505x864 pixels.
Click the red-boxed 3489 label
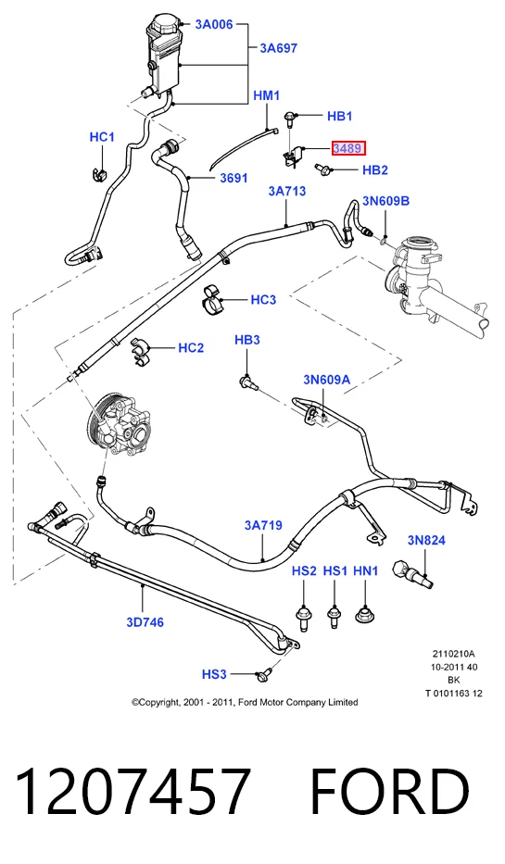click(x=347, y=148)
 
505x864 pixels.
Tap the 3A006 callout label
click(x=214, y=24)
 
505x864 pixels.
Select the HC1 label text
click(x=102, y=137)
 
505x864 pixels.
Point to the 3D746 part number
click(x=145, y=622)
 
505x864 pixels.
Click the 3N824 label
click(x=426, y=540)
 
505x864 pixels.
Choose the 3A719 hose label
click(x=263, y=525)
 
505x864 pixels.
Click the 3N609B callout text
click(x=385, y=201)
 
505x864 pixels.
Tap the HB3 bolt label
click(x=247, y=340)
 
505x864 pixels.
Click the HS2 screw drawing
click(x=303, y=617)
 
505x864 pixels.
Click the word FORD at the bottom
click(x=391, y=791)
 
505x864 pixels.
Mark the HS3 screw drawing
click(x=264, y=673)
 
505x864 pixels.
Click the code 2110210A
click(x=454, y=654)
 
